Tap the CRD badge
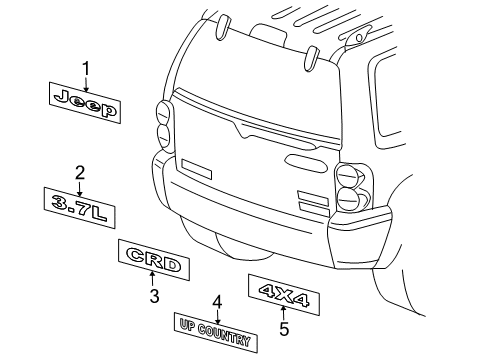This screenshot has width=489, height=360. pos(151,265)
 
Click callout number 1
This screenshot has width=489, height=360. pos(87,67)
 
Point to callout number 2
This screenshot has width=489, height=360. pos(78,171)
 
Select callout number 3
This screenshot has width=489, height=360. pos(154,296)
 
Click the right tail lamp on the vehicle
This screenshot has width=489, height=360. pos(351,186)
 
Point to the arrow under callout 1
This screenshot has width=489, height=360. pos(87,83)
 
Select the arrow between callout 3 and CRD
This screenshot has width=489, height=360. pos(153,282)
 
